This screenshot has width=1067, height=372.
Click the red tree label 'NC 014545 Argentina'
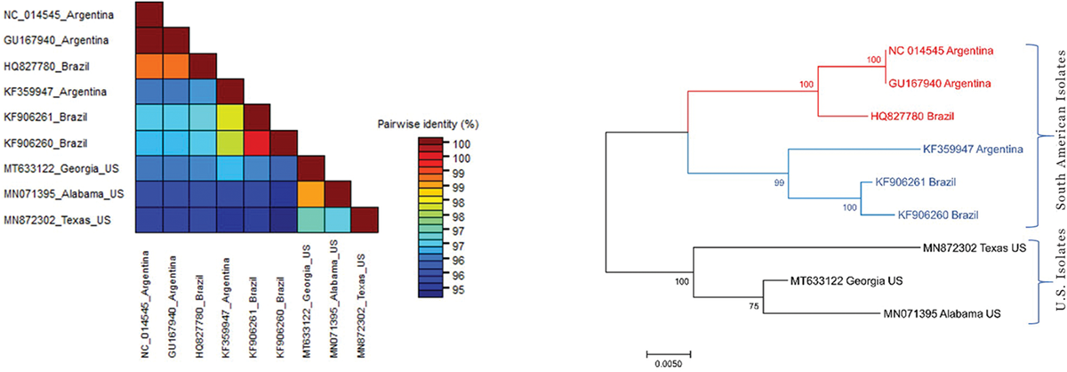click(x=941, y=50)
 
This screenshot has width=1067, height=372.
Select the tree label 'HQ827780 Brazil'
click(x=923, y=116)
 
